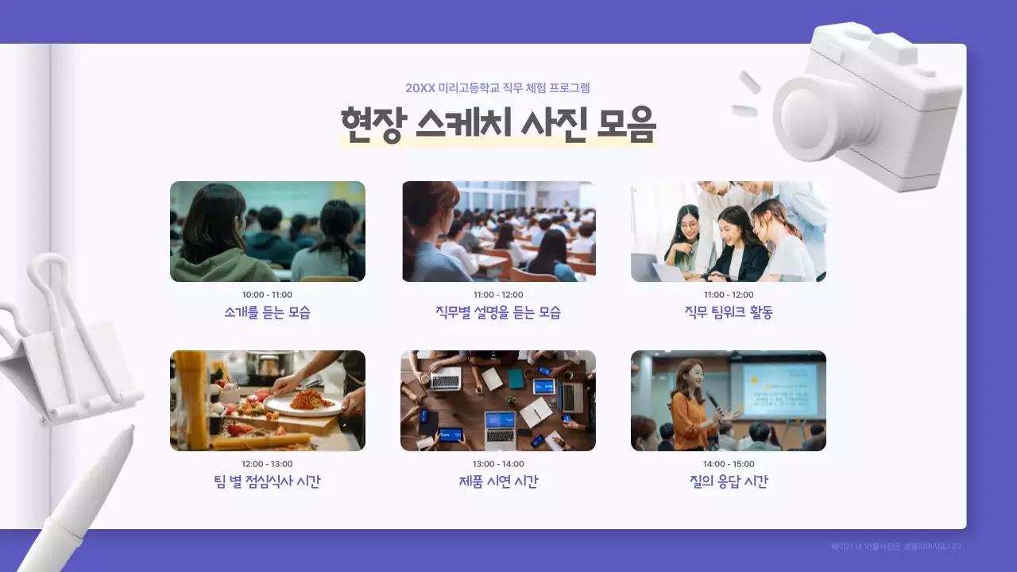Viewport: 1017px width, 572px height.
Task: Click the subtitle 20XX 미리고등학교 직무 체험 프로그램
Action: [x=497, y=88]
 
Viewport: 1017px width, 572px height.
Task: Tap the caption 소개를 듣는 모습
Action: [x=267, y=312]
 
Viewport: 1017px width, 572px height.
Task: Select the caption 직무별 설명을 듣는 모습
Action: [x=498, y=312]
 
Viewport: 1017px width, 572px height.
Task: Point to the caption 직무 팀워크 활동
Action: [x=729, y=312]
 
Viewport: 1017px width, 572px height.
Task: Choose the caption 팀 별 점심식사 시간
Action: [x=267, y=481]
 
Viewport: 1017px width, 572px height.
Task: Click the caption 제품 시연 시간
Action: [x=498, y=481]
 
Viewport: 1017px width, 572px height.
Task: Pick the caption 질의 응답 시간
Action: [x=729, y=481]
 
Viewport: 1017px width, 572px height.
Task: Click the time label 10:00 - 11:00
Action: [x=267, y=295]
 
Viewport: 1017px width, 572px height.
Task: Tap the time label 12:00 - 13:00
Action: [x=267, y=464]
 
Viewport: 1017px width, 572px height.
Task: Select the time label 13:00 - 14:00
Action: [x=498, y=464]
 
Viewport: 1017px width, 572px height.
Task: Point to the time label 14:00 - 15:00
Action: [x=729, y=464]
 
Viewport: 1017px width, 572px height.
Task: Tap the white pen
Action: [x=79, y=508]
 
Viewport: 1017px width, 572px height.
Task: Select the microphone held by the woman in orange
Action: [x=712, y=400]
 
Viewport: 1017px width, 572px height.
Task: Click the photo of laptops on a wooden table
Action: [x=498, y=400]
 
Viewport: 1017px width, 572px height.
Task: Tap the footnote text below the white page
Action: [x=896, y=547]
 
